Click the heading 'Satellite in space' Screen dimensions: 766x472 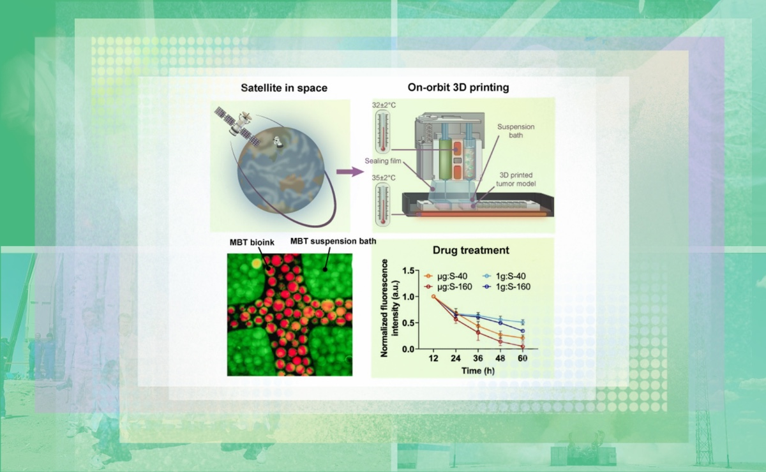pos(284,88)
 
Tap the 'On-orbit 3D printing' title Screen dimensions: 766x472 pos(458,87)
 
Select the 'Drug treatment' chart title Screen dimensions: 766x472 pos(471,250)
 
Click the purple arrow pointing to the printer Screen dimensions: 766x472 pos(350,172)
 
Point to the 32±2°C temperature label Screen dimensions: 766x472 pos(384,105)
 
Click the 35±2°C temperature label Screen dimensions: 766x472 pos(384,178)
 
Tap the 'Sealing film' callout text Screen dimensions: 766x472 pos(383,161)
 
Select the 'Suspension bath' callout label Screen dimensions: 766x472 pos(516,131)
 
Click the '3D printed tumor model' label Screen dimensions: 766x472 pos(516,179)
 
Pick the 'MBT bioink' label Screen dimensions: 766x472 pos(252,242)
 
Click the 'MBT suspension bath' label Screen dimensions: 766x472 pos(333,241)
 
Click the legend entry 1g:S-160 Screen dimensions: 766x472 pos(507,287)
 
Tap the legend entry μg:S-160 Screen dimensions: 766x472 pos(448,287)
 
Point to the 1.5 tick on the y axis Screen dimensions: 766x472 pos(408,270)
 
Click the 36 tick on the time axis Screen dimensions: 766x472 pos(477,358)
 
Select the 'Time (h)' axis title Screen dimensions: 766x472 pos(477,371)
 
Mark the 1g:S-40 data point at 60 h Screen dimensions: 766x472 pos(523,322)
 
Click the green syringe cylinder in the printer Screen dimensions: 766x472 pos(446,159)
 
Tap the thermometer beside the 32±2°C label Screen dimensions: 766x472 pos(383,132)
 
